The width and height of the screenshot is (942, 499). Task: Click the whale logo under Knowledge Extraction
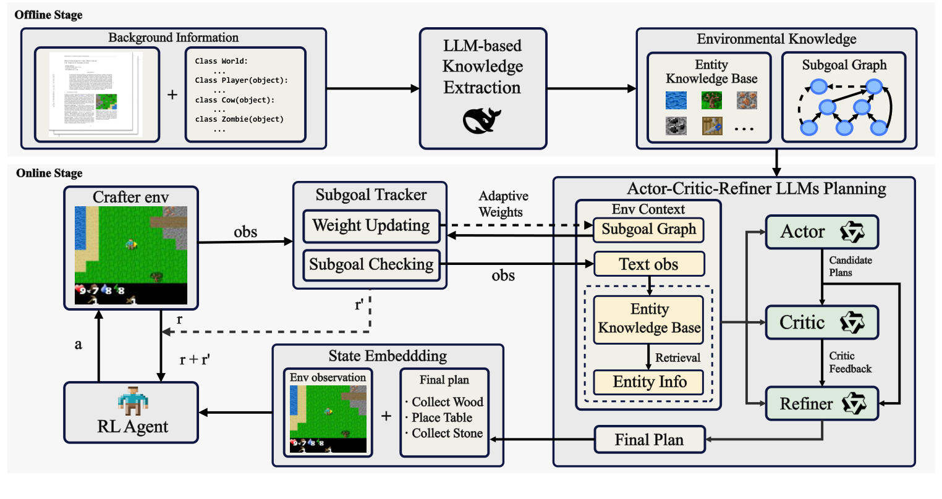482,120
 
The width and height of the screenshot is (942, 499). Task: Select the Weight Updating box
371,226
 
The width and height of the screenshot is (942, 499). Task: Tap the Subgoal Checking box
371,265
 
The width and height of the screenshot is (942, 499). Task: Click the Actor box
821,232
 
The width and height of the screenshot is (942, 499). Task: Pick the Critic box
821,322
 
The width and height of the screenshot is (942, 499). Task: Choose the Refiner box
821,404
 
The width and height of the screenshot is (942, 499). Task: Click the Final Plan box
649,440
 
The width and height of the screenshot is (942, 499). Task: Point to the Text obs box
648,264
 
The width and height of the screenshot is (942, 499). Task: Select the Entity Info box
649,382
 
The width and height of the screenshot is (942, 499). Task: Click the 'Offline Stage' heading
48,15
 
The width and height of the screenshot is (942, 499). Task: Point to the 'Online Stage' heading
49,174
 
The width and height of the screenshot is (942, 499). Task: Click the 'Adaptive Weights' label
503,204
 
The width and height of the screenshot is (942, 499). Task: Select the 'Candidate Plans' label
850,266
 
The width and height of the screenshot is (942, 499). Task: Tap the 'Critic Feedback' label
850,363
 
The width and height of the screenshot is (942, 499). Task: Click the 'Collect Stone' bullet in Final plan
444,434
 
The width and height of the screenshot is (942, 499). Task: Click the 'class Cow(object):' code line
234,100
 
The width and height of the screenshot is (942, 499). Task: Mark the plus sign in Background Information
172,94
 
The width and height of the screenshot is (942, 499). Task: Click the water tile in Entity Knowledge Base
676,100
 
